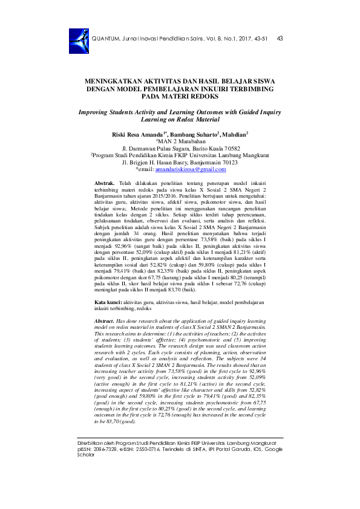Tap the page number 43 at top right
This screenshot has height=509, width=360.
click(x=280, y=39)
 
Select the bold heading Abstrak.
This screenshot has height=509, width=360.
click(x=105, y=182)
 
